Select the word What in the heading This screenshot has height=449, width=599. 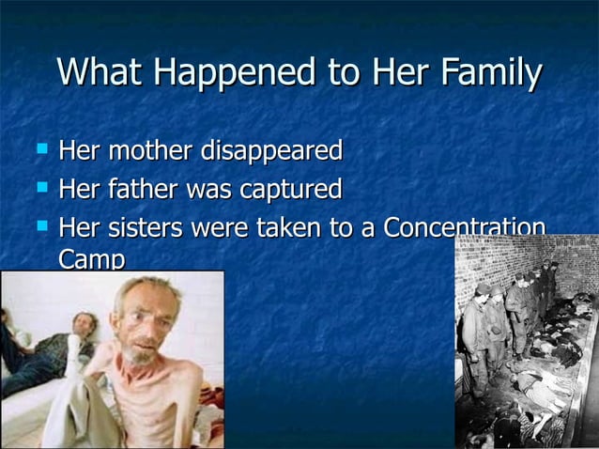[x=94, y=73]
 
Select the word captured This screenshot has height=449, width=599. [x=290, y=190]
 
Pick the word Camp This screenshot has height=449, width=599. [x=91, y=258]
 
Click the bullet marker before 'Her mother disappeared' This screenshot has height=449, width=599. [x=40, y=148]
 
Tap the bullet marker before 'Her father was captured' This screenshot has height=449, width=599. [x=40, y=188]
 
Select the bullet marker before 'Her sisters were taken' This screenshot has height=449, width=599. [x=40, y=226]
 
